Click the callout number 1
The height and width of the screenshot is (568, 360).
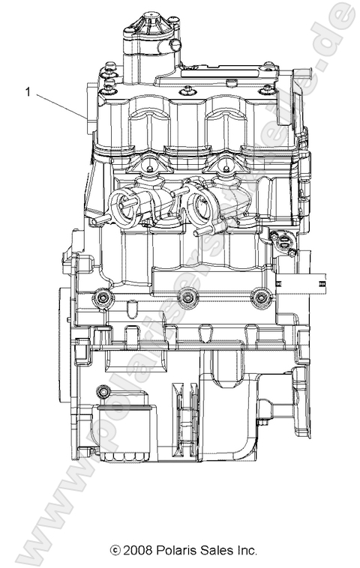[28, 92]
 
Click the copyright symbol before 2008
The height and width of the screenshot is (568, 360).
[114, 550]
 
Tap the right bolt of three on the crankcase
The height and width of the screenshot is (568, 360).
[259, 298]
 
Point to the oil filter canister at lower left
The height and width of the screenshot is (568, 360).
[123, 432]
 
